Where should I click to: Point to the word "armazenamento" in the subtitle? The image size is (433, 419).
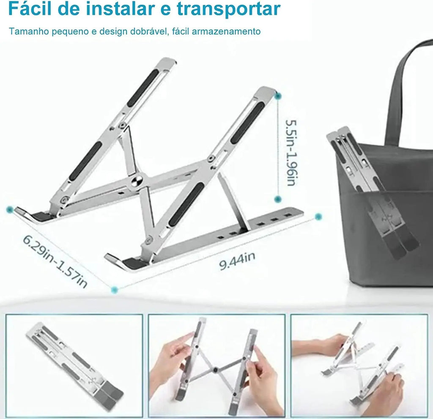(x=226, y=31)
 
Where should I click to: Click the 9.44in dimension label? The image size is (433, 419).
(x=237, y=261)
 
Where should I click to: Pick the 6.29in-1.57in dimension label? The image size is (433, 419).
(x=55, y=261)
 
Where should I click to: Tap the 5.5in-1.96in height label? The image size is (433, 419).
(x=291, y=153)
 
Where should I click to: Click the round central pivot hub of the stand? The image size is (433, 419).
(x=137, y=181)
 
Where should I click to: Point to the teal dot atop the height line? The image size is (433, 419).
(x=278, y=96)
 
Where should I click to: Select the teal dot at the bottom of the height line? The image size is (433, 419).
(x=278, y=199)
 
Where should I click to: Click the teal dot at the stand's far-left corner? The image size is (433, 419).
(x=10, y=210)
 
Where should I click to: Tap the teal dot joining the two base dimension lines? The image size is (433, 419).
(x=114, y=290)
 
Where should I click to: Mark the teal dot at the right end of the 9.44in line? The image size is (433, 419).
(x=318, y=216)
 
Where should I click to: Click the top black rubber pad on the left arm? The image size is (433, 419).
(x=143, y=88)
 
